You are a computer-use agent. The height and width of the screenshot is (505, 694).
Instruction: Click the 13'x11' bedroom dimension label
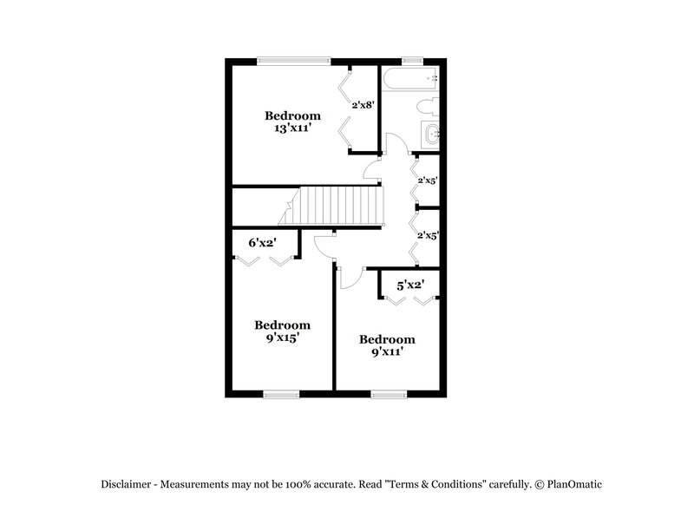pyautogui.click(x=292, y=128)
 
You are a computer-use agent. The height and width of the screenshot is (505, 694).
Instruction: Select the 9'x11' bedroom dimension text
pyautogui.click(x=387, y=352)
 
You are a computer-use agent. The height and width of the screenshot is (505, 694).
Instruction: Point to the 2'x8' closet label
pyautogui.click(x=362, y=105)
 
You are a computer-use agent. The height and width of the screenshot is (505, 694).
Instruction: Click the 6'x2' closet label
pyautogui.click(x=261, y=243)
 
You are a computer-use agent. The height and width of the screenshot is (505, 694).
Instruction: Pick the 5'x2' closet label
pyautogui.click(x=409, y=285)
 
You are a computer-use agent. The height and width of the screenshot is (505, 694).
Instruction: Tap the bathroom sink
pyautogui.click(x=431, y=134)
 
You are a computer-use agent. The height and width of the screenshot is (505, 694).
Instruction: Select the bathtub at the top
pyautogui.click(x=412, y=79)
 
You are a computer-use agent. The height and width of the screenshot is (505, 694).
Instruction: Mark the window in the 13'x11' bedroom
pyautogui.click(x=294, y=60)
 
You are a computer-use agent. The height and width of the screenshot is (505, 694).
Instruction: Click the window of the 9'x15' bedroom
pyautogui.click(x=281, y=395)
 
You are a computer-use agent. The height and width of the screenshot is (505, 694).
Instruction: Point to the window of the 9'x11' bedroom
pyautogui.click(x=389, y=395)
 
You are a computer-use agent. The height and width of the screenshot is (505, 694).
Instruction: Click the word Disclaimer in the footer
pyautogui.click(x=128, y=485)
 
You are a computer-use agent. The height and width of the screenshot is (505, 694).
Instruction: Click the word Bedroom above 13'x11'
pyautogui.click(x=292, y=115)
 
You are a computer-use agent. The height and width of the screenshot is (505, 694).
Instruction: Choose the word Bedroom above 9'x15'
pyautogui.click(x=282, y=325)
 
